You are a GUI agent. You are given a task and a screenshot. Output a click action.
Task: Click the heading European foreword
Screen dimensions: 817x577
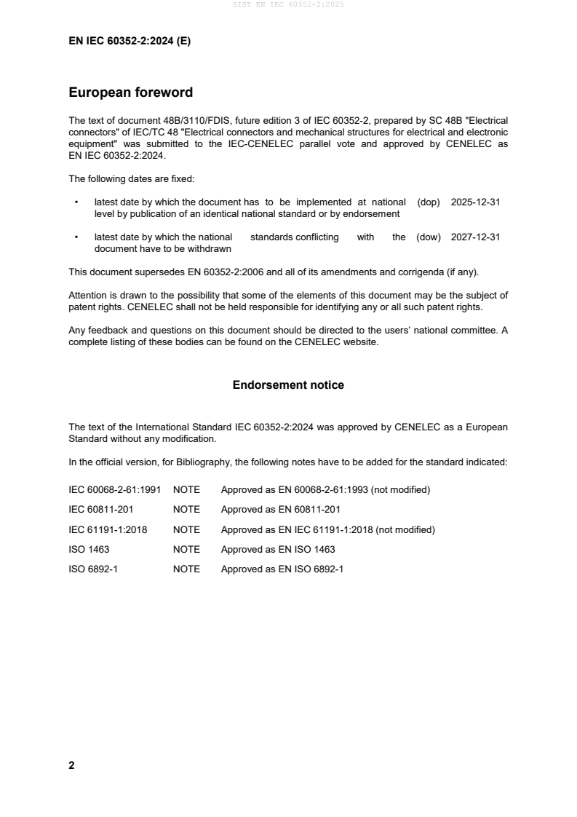pyautogui.click(x=130, y=92)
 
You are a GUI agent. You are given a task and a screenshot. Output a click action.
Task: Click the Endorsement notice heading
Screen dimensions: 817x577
pyautogui.click(x=288, y=384)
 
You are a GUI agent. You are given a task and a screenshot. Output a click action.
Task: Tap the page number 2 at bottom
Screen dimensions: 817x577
pyautogui.click(x=71, y=765)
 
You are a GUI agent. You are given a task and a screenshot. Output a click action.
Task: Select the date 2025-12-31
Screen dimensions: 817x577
pyautogui.click(x=475, y=202)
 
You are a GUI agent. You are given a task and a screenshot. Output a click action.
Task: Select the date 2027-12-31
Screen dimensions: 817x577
pyautogui.click(x=475, y=237)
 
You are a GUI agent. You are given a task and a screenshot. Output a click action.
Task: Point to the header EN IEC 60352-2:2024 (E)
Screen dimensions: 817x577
pyautogui.click(x=130, y=42)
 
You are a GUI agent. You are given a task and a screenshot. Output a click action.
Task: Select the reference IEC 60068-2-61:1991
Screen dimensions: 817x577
pyautogui.click(x=114, y=490)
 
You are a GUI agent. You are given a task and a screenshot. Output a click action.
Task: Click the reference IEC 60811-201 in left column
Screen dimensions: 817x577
pyautogui.click(x=100, y=510)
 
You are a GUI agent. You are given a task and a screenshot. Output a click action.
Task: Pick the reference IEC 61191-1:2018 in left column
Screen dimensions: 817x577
pyautogui.click(x=108, y=529)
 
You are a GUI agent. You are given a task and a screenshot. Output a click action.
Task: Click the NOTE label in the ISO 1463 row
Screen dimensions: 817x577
pyautogui.click(x=186, y=550)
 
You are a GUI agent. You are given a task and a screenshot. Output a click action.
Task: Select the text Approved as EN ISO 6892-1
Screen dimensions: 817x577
pyautogui.click(x=282, y=569)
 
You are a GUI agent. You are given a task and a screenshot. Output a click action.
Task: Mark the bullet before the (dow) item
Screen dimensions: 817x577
pyautogui.click(x=76, y=237)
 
